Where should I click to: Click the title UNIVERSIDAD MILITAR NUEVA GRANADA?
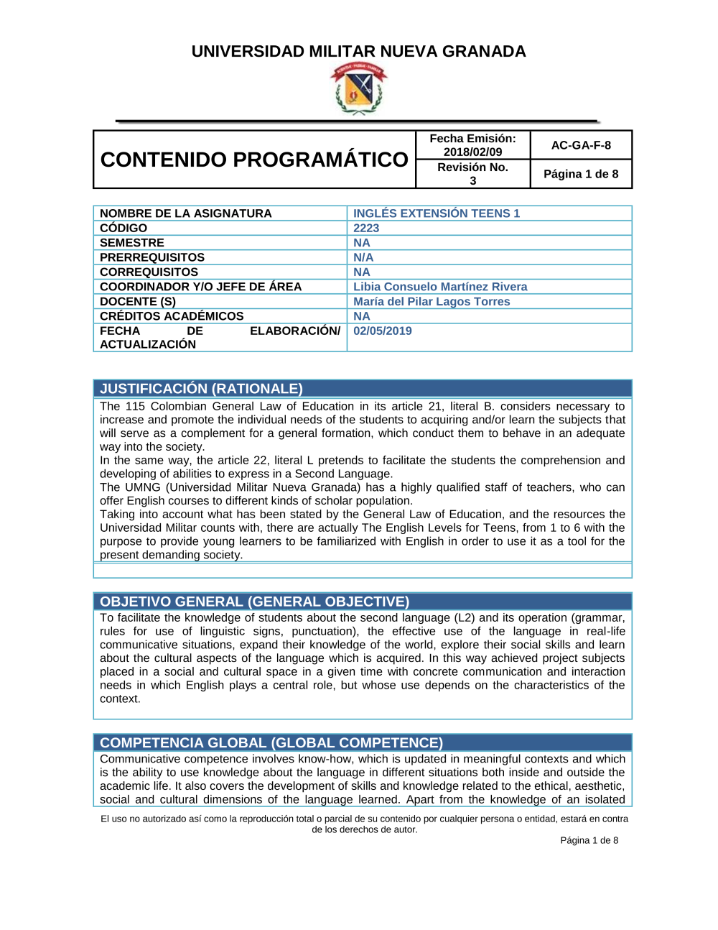358,52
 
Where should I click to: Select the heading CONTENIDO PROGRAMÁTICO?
254,160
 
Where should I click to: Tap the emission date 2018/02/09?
472,152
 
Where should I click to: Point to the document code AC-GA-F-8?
581,145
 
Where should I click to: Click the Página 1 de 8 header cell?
581,174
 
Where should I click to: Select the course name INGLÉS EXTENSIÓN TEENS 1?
436,213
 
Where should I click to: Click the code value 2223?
366,228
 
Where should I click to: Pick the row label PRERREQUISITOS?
152,257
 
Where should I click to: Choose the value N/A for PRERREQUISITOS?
363,257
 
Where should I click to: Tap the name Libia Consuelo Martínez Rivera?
440,287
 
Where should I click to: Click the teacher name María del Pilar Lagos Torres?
432,302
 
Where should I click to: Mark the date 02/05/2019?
383,331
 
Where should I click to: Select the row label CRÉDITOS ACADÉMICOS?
172,316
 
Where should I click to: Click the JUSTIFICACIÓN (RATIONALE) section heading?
201,389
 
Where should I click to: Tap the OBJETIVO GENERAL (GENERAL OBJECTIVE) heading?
254,602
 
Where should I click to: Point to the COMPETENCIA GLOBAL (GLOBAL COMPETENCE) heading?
271,742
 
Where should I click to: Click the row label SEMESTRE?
132,243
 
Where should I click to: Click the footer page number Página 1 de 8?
589,840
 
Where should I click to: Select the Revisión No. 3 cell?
472,174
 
